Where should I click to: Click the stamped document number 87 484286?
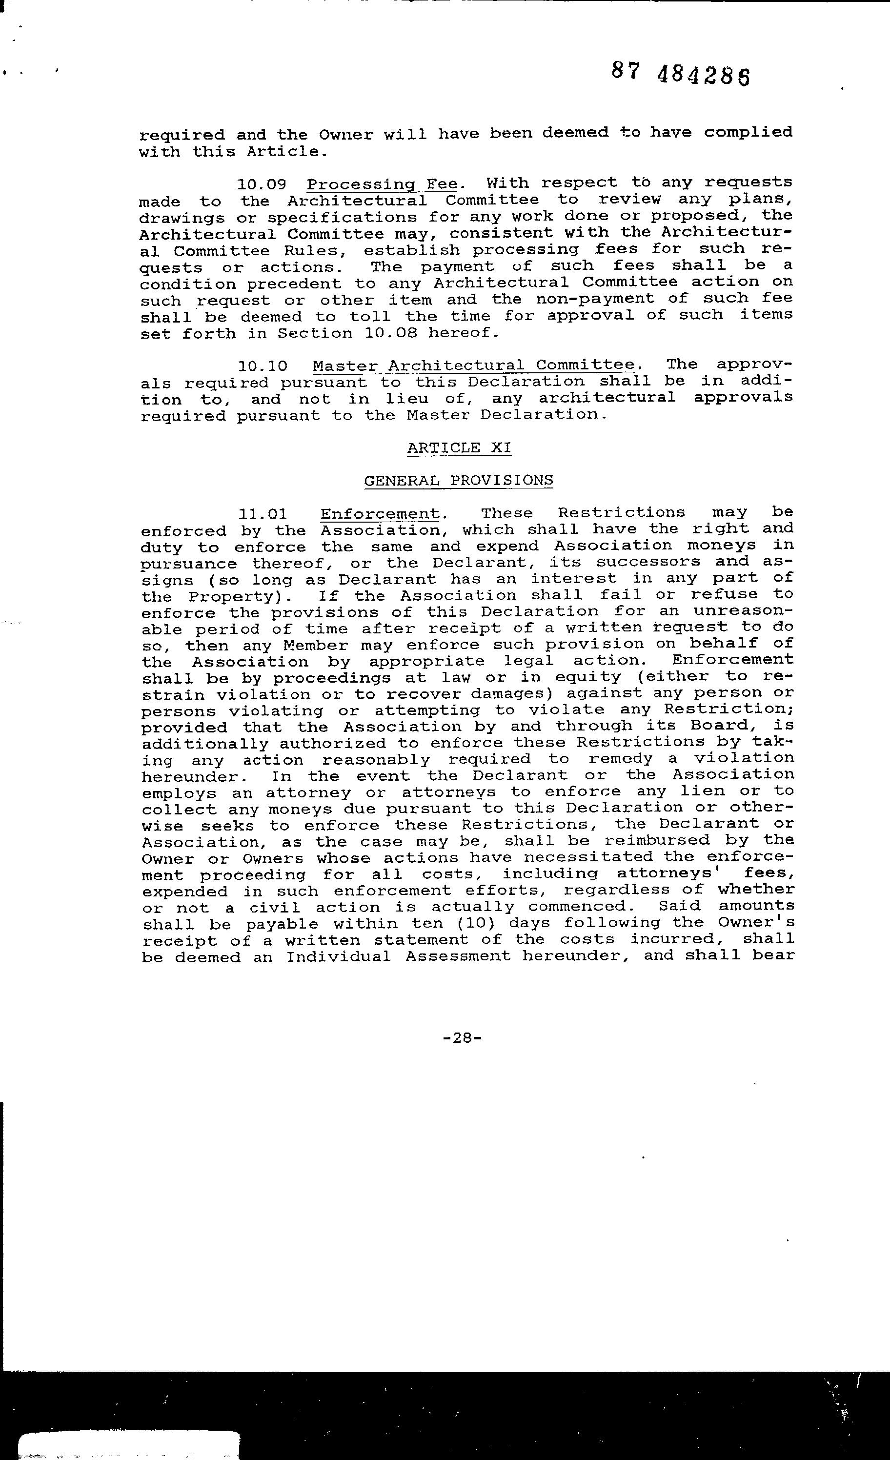tap(680, 75)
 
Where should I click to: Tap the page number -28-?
tap(461, 1037)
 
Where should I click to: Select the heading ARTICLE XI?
tap(459, 447)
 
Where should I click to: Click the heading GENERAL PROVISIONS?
tap(458, 480)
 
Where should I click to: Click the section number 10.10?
tap(263, 366)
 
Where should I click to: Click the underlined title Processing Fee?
tap(382, 184)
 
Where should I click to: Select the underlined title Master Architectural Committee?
tap(473, 365)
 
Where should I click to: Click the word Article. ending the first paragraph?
tap(287, 152)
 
